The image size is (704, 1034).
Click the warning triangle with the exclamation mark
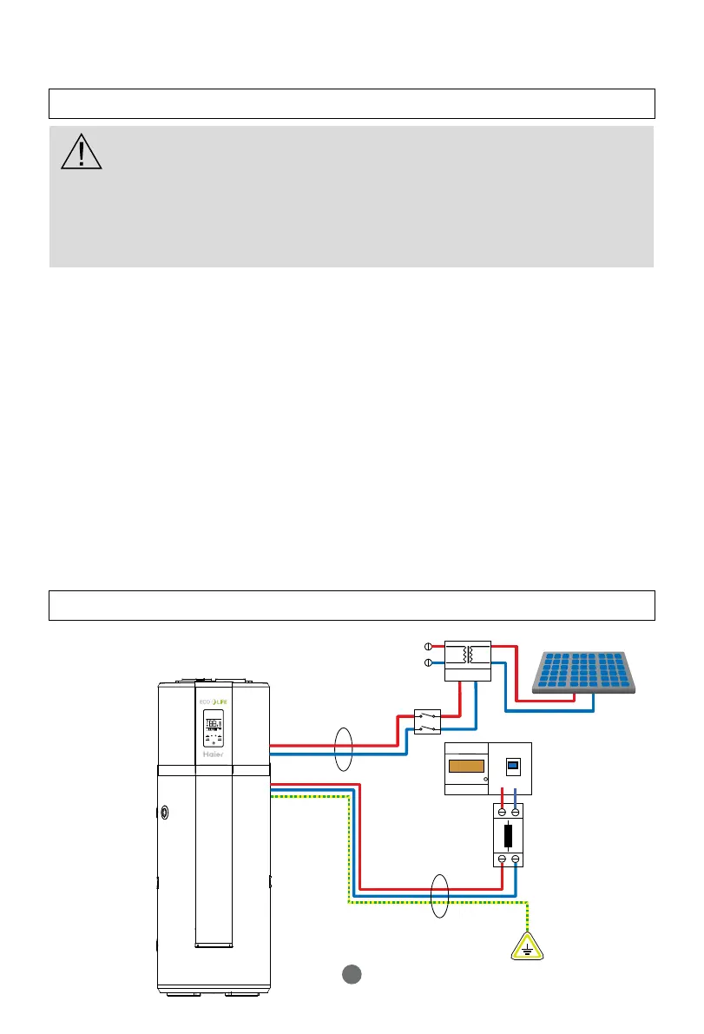click(x=82, y=152)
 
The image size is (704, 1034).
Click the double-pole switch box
click(x=426, y=722)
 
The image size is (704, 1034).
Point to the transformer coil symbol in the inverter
click(x=469, y=654)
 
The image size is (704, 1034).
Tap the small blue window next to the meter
click(x=513, y=766)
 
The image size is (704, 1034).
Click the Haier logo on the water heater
click(x=214, y=755)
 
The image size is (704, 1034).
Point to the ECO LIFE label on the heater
click(x=214, y=700)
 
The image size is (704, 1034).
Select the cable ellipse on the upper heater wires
click(x=345, y=747)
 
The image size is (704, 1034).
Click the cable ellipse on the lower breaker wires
click(x=441, y=895)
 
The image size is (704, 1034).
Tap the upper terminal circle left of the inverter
click(x=427, y=647)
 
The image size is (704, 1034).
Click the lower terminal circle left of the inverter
click(x=427, y=662)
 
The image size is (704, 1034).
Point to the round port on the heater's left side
click(x=165, y=813)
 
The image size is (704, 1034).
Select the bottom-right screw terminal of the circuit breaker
click(x=516, y=859)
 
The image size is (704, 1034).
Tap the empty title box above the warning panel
click(x=351, y=103)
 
